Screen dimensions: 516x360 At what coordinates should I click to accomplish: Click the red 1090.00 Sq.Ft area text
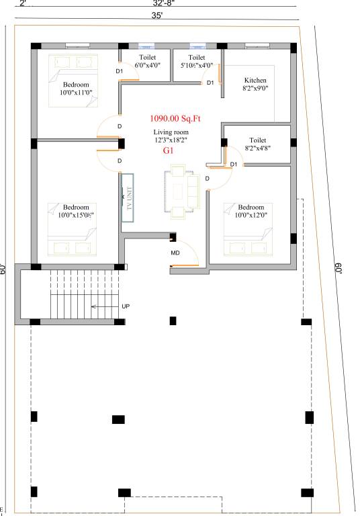175,118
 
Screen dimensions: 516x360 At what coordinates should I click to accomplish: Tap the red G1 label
168,151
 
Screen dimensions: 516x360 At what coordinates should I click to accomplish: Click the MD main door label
175,253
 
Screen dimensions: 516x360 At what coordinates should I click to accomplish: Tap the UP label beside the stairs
126,306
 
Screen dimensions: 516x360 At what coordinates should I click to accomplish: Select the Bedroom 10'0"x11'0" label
76,88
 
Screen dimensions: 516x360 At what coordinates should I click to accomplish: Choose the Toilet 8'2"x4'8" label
257,143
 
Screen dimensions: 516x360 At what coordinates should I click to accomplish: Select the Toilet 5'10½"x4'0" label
196,62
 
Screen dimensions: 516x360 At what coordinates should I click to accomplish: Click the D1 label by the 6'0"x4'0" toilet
119,71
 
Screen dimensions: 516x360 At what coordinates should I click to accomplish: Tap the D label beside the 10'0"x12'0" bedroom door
207,179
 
